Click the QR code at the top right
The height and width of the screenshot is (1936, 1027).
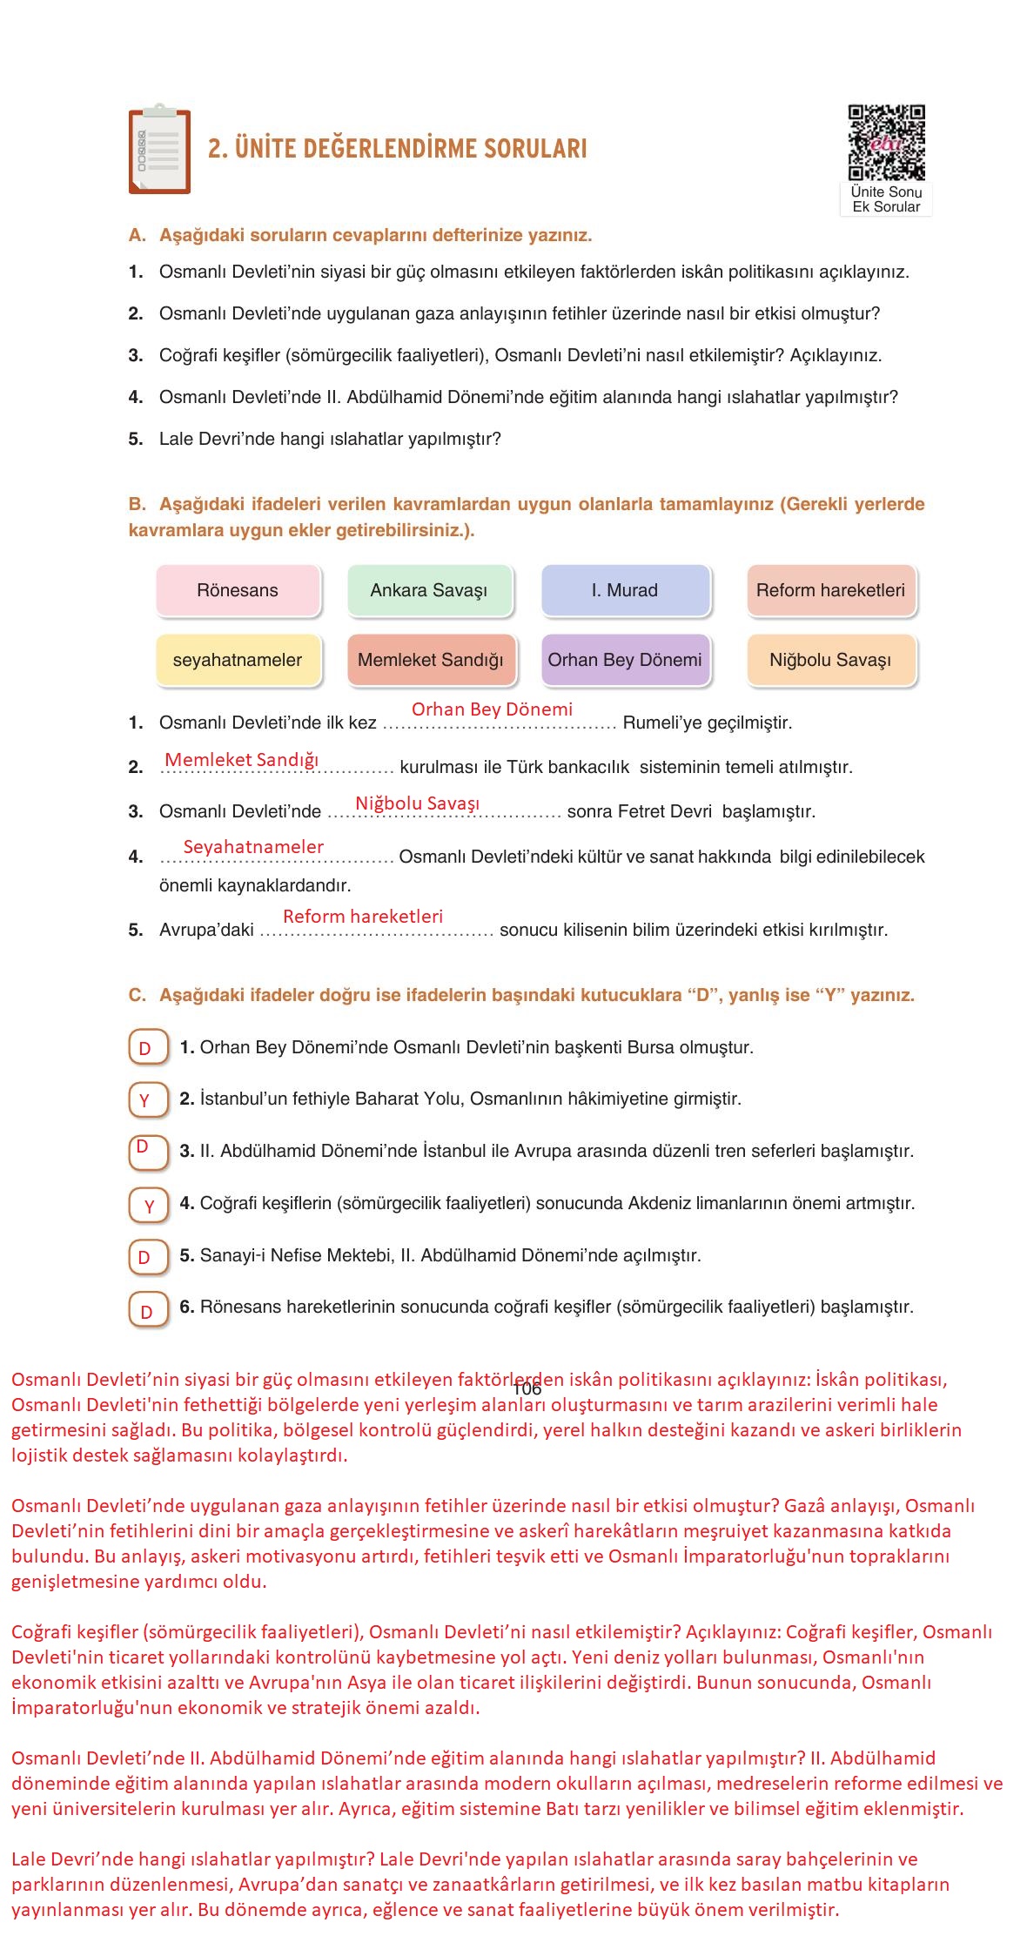[x=886, y=142]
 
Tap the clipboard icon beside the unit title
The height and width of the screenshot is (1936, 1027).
[x=159, y=150]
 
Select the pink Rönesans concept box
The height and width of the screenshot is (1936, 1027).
[x=238, y=590]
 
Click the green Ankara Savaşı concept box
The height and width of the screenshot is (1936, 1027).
[x=429, y=590]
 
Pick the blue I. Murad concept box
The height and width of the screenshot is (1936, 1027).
[x=624, y=590]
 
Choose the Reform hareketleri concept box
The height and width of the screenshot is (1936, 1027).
[x=830, y=590]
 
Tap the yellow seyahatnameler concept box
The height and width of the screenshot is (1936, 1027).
[x=238, y=660]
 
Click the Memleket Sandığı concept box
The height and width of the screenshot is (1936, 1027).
[x=430, y=660]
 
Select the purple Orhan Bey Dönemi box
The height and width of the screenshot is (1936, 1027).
[x=624, y=660]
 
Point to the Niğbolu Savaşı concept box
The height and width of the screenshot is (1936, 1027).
[x=830, y=660]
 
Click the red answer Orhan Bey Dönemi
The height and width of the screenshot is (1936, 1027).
[x=492, y=709]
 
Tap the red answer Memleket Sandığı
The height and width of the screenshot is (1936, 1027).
[x=242, y=760]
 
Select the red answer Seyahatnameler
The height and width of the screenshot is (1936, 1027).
[x=253, y=847]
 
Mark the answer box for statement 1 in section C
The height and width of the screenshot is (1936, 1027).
[x=147, y=1047]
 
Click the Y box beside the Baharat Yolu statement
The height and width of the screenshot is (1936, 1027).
[x=147, y=1099]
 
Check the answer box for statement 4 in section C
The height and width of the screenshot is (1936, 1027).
[x=147, y=1206]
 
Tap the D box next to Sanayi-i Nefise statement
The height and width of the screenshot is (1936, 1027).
[x=147, y=1256]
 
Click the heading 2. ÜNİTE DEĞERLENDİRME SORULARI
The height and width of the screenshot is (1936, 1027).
[x=397, y=149]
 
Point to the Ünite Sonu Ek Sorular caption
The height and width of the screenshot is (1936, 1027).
[x=886, y=199]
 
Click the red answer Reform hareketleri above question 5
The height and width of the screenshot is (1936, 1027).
[x=363, y=917]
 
